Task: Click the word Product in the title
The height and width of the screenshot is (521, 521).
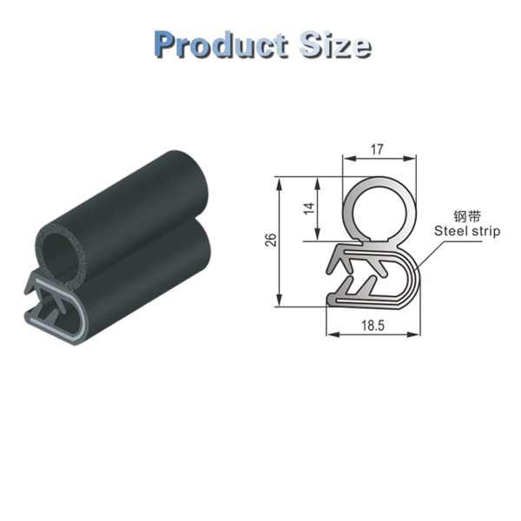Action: [221, 45]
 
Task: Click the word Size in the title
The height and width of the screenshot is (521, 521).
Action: [335, 44]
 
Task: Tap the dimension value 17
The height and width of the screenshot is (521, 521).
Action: [377, 149]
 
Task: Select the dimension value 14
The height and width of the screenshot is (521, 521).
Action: [310, 208]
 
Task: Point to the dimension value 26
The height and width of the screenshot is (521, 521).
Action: [271, 240]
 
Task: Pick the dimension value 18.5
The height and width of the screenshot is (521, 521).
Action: [373, 326]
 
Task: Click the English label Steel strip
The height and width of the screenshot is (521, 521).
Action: [467, 231]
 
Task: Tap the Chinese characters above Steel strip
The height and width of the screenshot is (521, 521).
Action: [467, 216]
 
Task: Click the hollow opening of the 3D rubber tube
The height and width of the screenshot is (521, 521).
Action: [60, 253]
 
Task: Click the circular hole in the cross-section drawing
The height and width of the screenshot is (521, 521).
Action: [379, 212]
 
